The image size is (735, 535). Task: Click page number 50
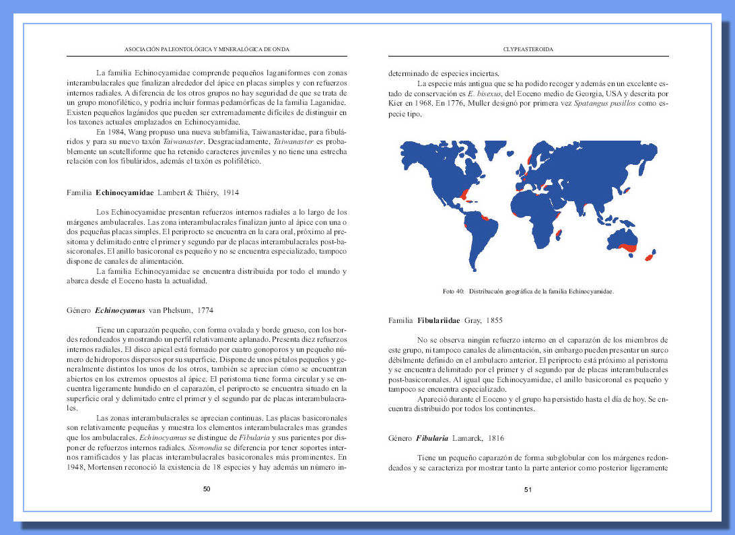[x=207, y=489]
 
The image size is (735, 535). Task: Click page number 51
[x=528, y=489]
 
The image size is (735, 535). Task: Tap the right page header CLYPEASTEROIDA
[x=528, y=49]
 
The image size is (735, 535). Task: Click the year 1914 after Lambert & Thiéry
[x=230, y=192]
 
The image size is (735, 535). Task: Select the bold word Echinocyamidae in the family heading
[x=125, y=192]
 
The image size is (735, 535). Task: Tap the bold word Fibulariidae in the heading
[x=439, y=320]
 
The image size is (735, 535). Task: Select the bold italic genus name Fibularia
[x=432, y=438]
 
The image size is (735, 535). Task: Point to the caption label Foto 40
[x=454, y=292]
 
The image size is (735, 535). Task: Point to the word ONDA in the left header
[x=280, y=49]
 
